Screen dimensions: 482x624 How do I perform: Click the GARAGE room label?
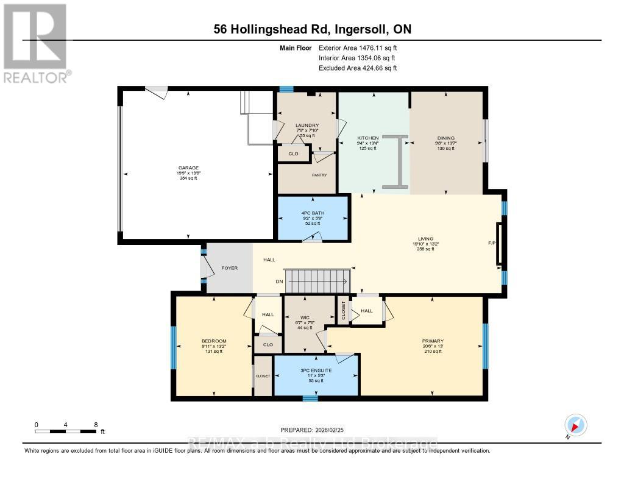coord(188,168)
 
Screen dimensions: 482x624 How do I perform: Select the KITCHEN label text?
coord(367,138)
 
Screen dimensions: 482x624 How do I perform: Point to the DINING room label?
coord(445,138)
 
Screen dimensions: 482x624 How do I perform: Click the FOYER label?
coord(229,268)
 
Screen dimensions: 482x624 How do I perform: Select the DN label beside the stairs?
coord(279,282)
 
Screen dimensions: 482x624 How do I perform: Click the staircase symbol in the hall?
coord(317,282)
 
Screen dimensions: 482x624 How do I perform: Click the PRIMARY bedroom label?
coord(433,341)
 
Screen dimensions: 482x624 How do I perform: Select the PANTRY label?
coord(320,175)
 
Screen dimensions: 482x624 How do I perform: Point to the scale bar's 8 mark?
coord(96,424)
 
